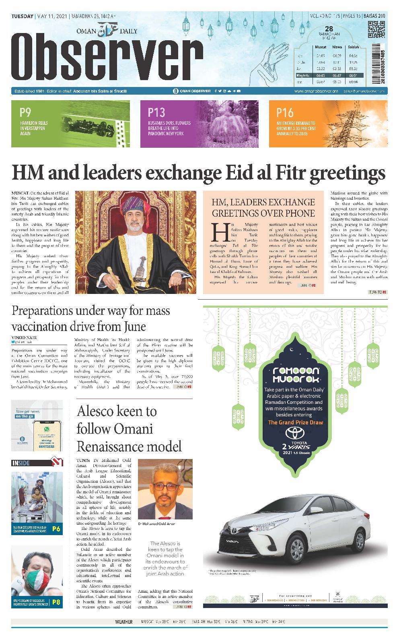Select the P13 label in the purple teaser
pyautogui.click(x=156, y=112)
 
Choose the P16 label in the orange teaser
pyautogui.click(x=285, y=112)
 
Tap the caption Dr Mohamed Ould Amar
pyautogui.click(x=156, y=524)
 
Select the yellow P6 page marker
pyautogui.click(x=56, y=529)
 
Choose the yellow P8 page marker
pyautogui.click(x=56, y=602)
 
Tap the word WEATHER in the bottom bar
pyautogui.click(x=124, y=622)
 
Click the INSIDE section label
pyautogui.click(x=21, y=463)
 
